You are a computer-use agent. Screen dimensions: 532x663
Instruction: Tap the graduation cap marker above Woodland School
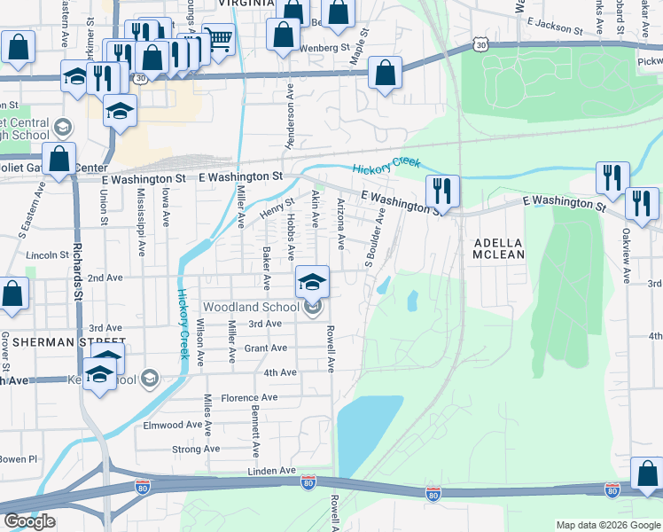pos(312,282)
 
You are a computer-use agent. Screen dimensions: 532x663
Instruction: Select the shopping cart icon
pos(218,39)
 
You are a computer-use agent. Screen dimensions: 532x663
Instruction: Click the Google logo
pos(29,521)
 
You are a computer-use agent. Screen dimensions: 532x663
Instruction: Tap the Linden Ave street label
pos(275,470)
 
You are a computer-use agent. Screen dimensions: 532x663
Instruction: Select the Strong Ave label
pos(196,449)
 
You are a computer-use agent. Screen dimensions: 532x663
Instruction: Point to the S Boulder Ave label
pos(376,238)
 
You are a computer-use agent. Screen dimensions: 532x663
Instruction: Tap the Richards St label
pos(78,272)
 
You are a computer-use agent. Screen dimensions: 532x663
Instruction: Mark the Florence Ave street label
pos(249,397)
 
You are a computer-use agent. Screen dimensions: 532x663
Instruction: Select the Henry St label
pos(276,209)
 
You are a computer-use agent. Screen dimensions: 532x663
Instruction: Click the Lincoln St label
pos(48,254)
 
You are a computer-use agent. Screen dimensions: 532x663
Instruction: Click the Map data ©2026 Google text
pos(608,525)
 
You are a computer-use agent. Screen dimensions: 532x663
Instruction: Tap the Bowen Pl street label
pos(19,459)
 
